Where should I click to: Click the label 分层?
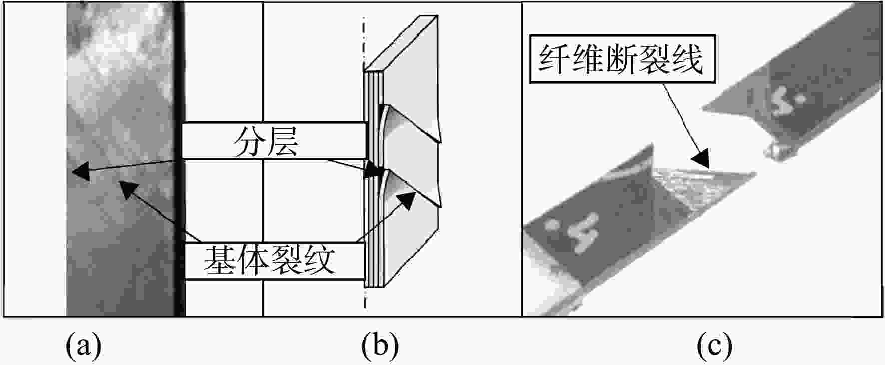click(266, 141)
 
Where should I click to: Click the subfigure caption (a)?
click(83, 345)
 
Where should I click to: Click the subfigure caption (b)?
click(380, 345)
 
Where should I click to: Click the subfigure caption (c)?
click(715, 345)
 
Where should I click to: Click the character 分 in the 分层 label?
click(249, 141)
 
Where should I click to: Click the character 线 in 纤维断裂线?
click(688, 59)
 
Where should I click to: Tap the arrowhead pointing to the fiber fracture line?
click(702, 158)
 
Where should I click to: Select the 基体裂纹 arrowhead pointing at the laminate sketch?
click(407, 199)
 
